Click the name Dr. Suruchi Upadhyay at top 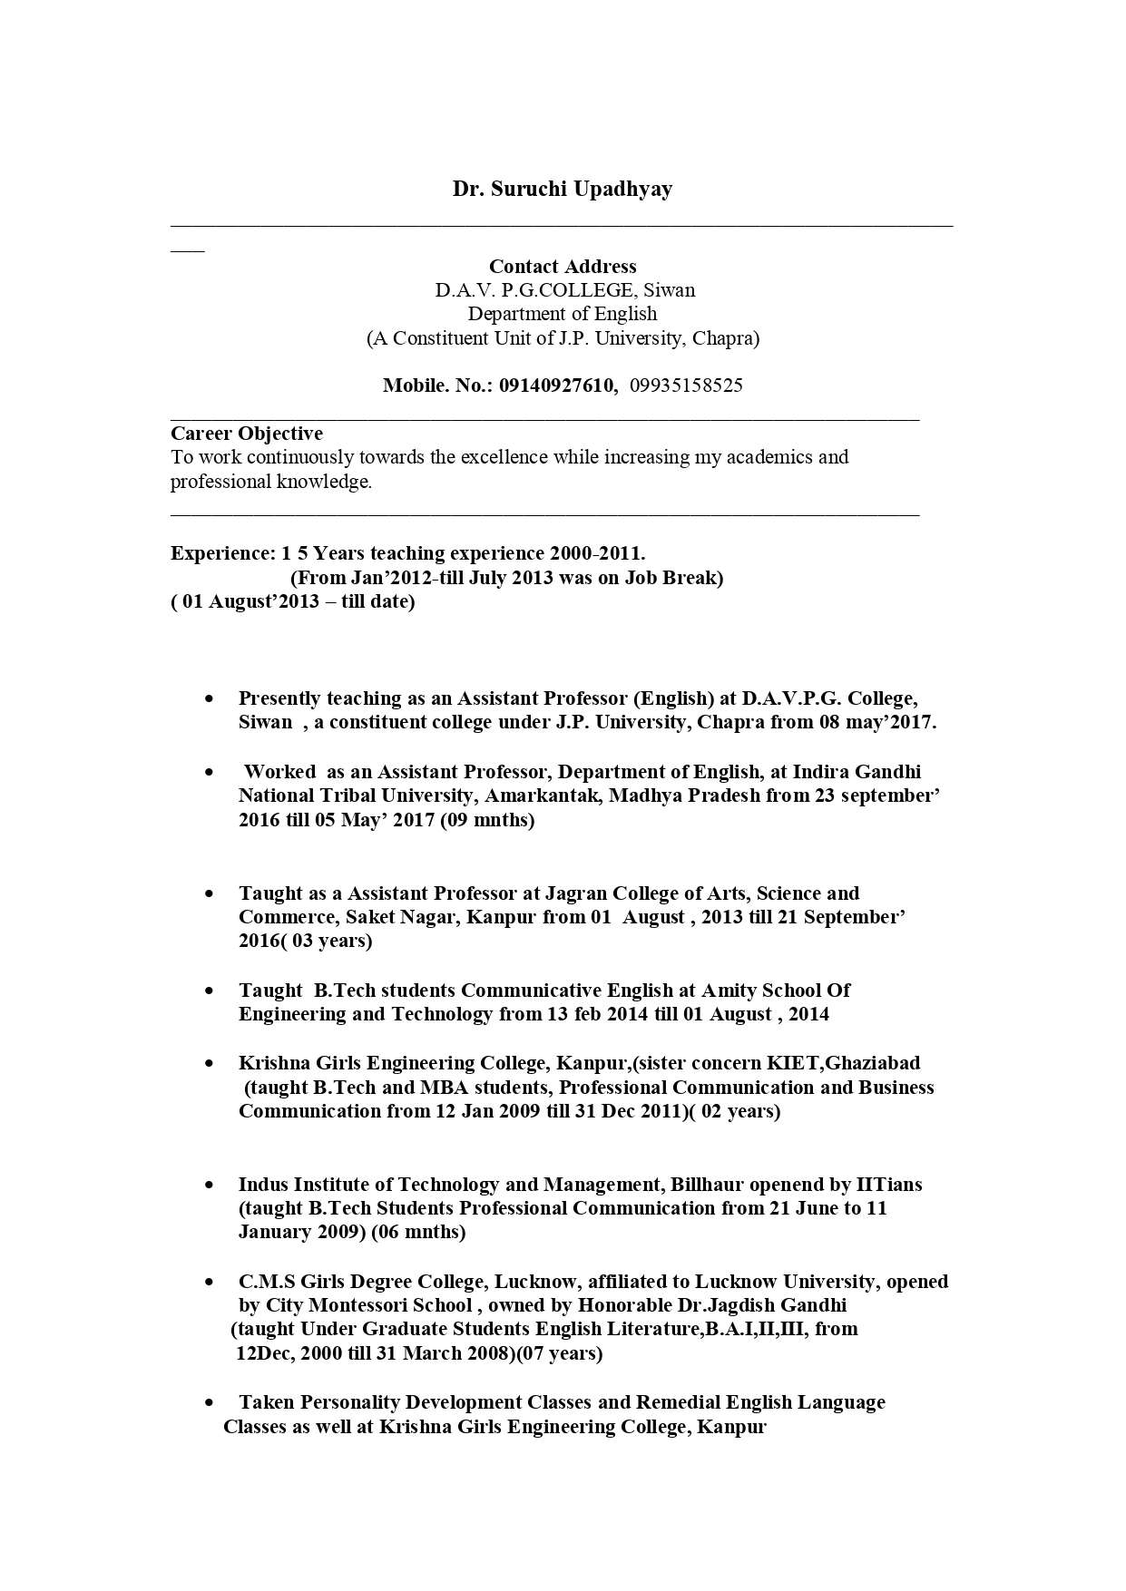tap(563, 190)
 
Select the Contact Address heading tap(563, 267)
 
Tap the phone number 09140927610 tap(556, 386)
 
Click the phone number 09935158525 tap(686, 386)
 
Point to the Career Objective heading tap(247, 434)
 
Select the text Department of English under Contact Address tap(563, 314)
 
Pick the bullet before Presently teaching tap(211, 699)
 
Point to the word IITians tap(888, 1185)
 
